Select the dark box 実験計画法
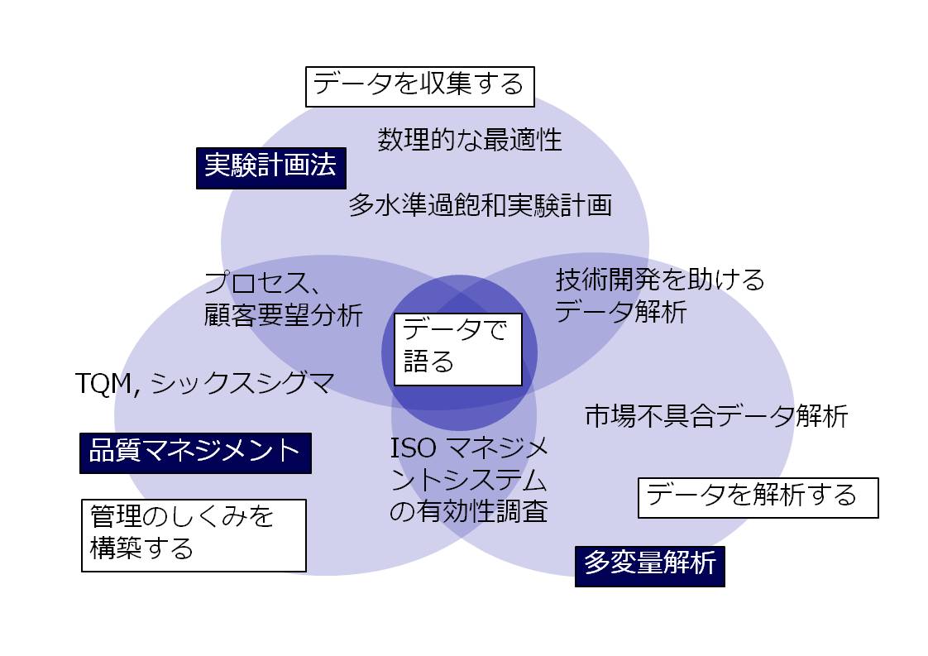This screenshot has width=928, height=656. coord(270,168)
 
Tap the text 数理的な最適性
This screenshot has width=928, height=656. coord(470,140)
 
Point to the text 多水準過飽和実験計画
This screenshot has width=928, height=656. coord(480,205)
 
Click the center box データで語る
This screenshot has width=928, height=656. coord(457,348)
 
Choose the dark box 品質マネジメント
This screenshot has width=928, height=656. coord(195,452)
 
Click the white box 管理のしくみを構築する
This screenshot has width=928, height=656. coord(194,534)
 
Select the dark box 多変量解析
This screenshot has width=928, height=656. coord(649,566)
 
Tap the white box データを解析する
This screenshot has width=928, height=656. coord(758,497)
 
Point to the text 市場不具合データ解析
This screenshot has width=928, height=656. coord(716,416)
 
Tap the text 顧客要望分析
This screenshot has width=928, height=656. coord(283,316)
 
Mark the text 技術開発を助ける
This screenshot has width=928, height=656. coord(660,280)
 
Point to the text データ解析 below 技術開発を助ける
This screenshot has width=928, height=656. coord(620,313)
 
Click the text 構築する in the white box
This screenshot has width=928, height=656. coord(141,549)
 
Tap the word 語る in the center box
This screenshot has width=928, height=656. coord(428,363)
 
